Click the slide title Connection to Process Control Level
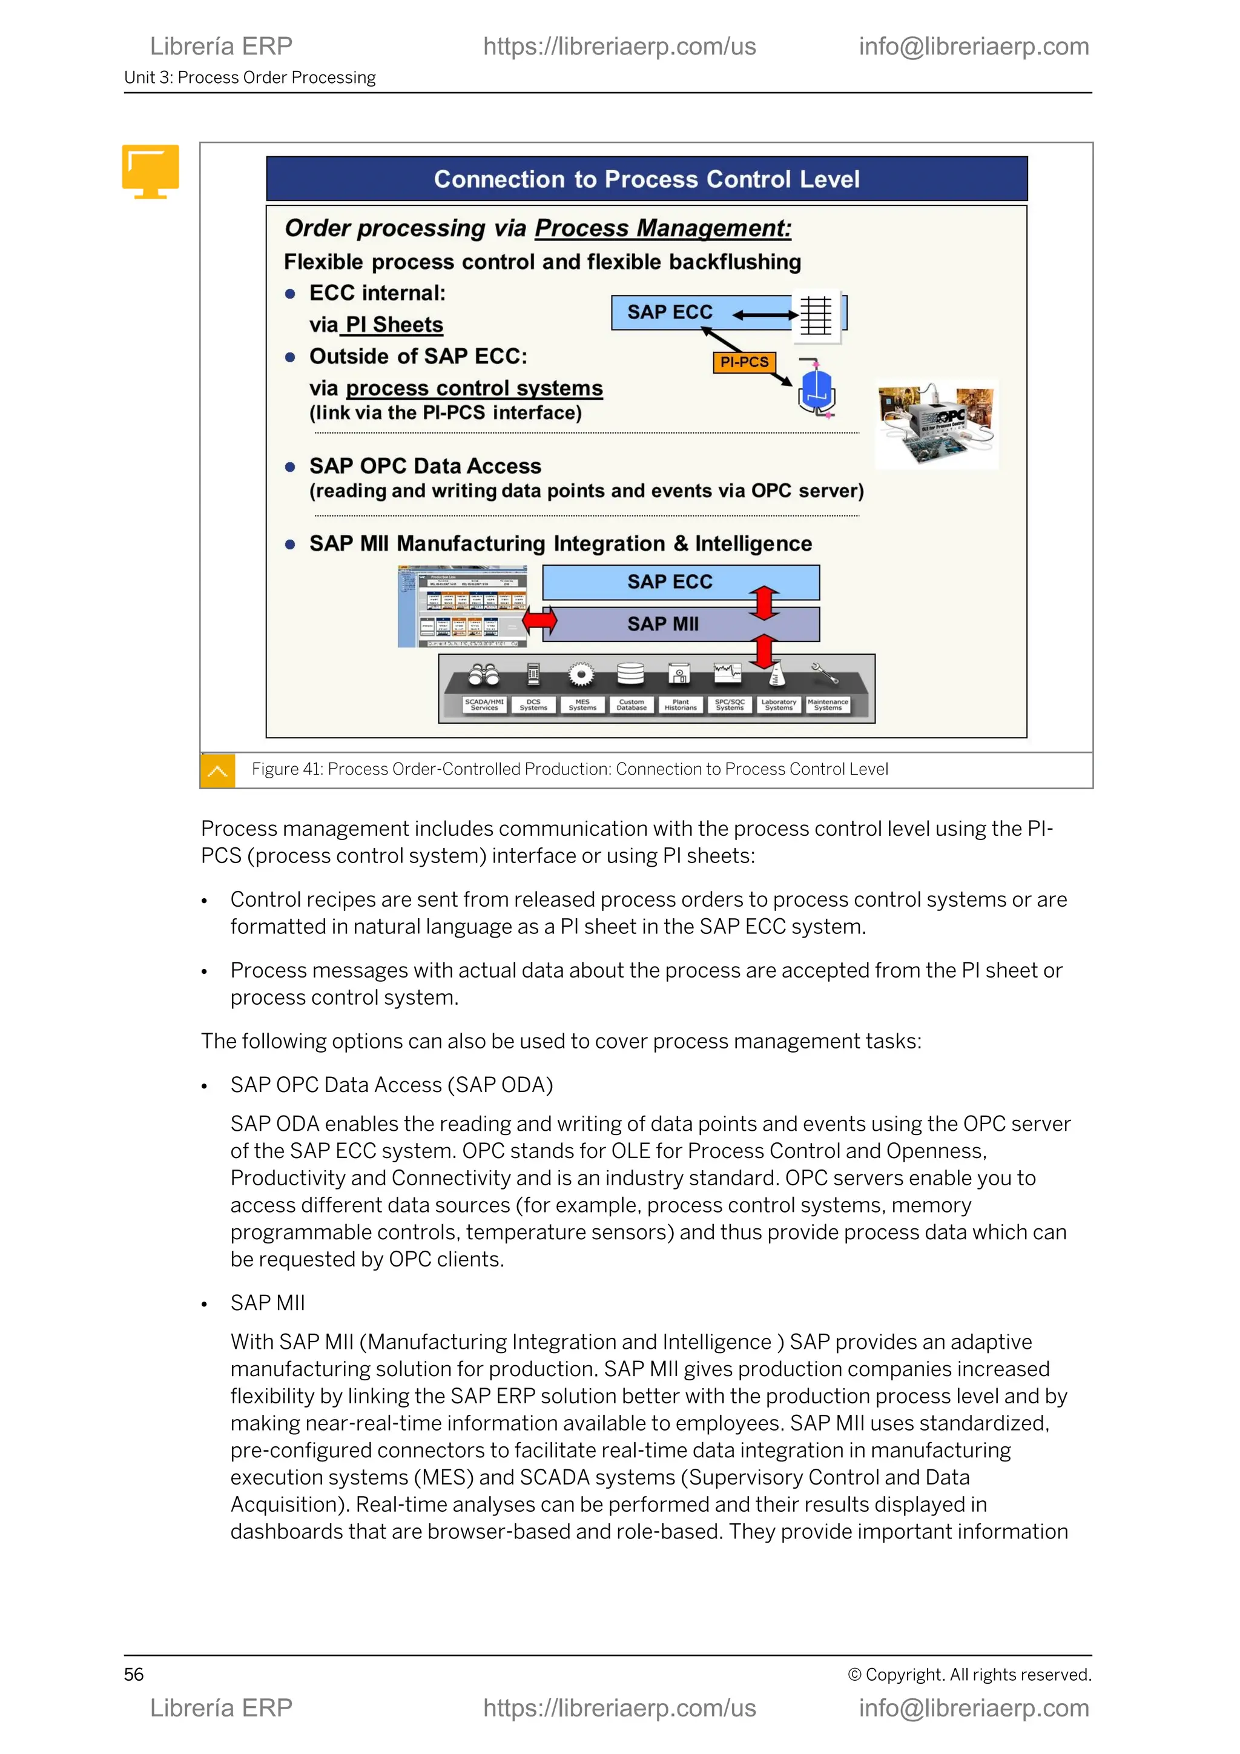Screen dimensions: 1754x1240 click(646, 179)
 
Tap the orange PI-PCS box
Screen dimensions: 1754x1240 click(743, 362)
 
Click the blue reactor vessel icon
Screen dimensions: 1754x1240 click(816, 389)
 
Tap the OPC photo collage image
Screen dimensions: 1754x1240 click(936, 425)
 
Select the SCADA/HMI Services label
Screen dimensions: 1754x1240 click(484, 704)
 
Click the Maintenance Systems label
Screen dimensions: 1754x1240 click(828, 704)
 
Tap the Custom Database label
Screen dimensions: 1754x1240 click(632, 704)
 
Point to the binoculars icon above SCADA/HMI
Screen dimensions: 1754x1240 click(484, 673)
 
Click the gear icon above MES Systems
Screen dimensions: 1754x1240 click(582, 673)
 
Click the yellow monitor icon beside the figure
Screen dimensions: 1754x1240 click(150, 171)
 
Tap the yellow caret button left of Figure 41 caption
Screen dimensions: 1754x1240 click(217, 770)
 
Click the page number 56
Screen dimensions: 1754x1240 click(134, 1675)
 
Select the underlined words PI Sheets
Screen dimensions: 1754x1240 click(394, 325)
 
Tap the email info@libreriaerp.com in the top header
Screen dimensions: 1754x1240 click(974, 47)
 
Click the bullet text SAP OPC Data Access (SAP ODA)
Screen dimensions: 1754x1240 click(392, 1085)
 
